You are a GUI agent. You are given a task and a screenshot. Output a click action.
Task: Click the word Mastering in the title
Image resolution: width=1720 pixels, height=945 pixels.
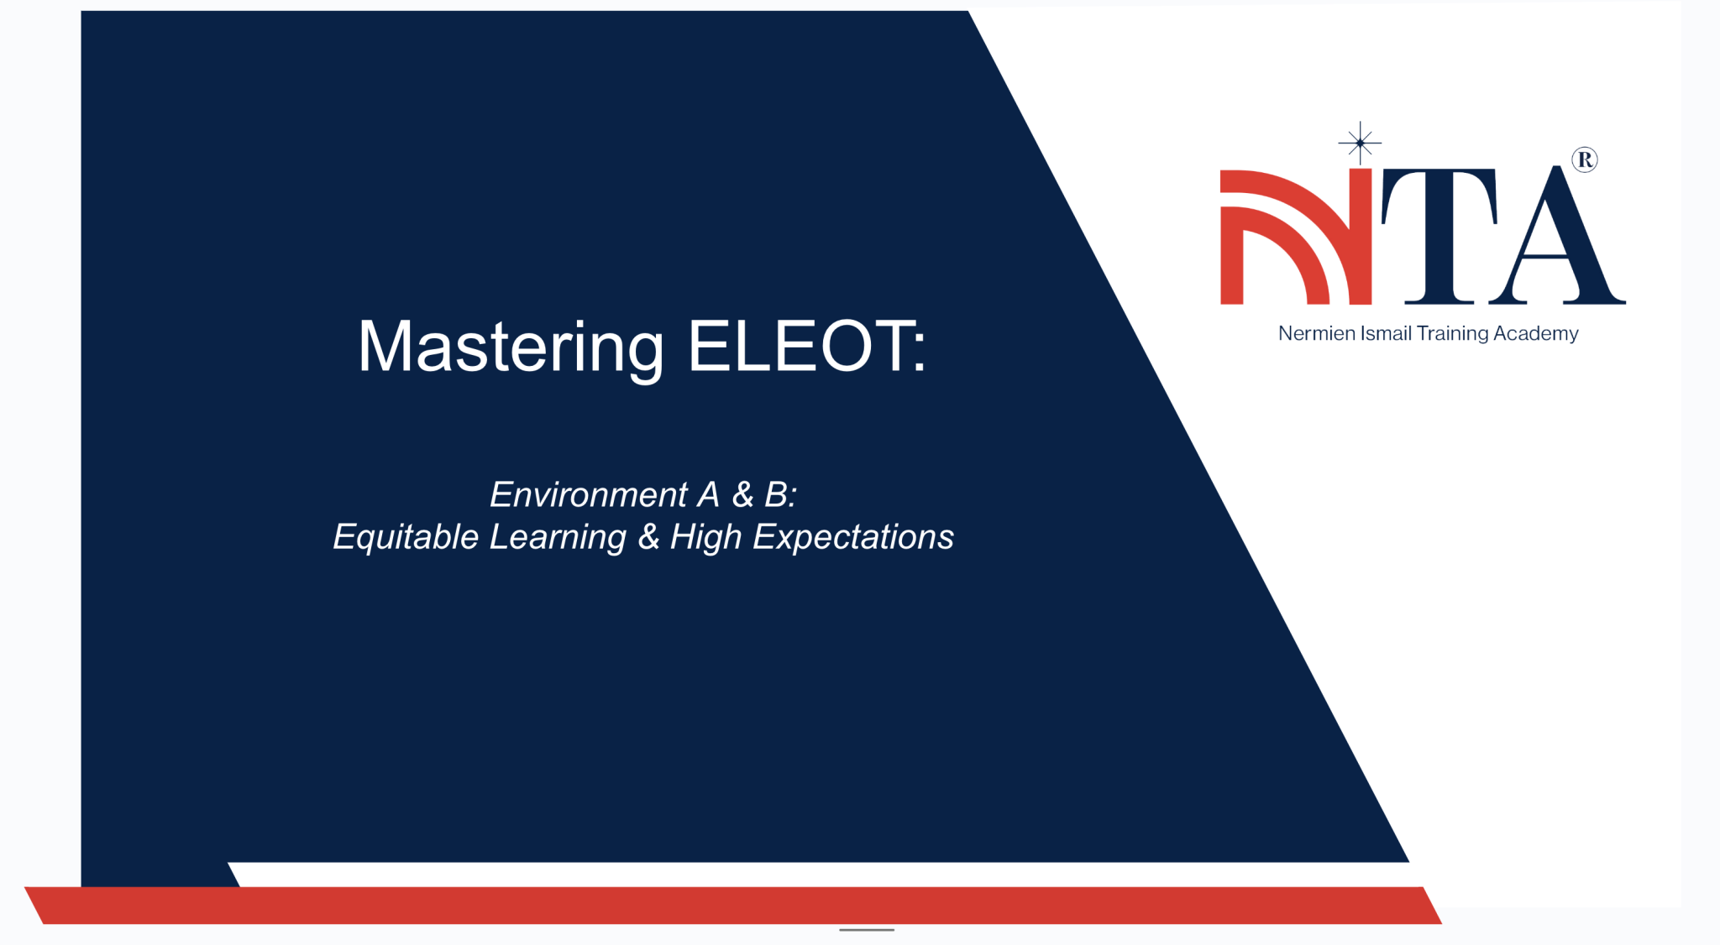point(511,347)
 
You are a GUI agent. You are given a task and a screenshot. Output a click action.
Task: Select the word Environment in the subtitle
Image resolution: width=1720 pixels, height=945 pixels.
point(589,494)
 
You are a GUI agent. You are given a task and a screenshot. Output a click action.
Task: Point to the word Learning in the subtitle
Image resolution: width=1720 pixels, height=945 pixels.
point(558,537)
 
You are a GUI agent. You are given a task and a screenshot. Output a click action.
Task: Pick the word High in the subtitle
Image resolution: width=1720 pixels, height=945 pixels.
point(705,538)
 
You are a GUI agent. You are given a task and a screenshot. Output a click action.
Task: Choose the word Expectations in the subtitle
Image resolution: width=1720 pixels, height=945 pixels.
point(852,537)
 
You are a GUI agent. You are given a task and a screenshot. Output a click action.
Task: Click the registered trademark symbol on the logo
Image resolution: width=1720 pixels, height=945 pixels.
point(1585,159)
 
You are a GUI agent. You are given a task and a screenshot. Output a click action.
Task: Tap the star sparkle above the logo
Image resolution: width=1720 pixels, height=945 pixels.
point(1360,144)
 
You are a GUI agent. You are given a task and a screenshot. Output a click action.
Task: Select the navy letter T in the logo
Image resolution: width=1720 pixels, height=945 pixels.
point(1439,235)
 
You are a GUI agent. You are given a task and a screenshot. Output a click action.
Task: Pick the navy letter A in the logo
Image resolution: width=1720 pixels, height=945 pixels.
point(1558,239)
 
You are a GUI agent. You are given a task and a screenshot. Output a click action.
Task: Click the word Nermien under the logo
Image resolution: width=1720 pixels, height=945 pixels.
point(1316,333)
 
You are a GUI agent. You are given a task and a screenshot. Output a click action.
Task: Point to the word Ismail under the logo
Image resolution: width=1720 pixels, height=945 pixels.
point(1386,333)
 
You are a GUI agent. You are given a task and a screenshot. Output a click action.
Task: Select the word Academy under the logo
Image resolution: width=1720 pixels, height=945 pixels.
point(1536,334)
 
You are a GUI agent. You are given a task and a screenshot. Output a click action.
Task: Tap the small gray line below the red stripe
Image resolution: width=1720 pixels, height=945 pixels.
point(867,930)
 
